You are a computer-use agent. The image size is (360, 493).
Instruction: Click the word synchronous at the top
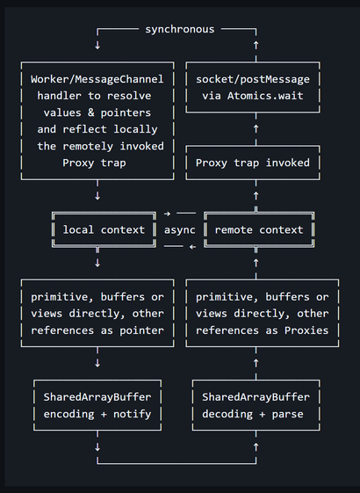pyautogui.click(x=180, y=30)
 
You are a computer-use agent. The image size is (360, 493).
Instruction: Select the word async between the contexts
pyautogui.click(x=180, y=230)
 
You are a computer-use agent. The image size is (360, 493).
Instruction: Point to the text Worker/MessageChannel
pyautogui.click(x=97, y=79)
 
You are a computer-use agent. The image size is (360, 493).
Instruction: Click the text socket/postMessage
pyautogui.click(x=253, y=79)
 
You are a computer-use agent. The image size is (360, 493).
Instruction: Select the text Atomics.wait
pyautogui.click(x=265, y=96)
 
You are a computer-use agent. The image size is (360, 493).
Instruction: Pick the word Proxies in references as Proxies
pyautogui.click(x=306, y=330)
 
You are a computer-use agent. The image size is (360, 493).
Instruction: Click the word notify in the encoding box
pyautogui.click(x=133, y=414)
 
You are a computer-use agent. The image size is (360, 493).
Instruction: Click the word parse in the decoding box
pyautogui.click(x=288, y=415)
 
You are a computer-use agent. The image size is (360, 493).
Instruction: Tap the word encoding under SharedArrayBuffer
pyautogui.click(x=68, y=415)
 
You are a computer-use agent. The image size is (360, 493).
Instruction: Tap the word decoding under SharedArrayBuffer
pyautogui.click(x=227, y=415)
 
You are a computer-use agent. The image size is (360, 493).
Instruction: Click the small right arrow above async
pyautogui.click(x=167, y=214)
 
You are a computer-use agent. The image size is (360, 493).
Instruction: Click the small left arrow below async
pyautogui.click(x=192, y=247)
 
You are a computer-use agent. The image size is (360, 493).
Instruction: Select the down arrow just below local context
pyautogui.click(x=97, y=263)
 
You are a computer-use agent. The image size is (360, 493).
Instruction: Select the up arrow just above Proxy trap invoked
pyautogui.click(x=256, y=129)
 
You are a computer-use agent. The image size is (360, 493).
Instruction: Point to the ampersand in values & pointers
pyautogui.click(x=91, y=112)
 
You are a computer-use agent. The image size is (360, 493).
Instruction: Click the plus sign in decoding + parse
pyautogui.click(x=263, y=415)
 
